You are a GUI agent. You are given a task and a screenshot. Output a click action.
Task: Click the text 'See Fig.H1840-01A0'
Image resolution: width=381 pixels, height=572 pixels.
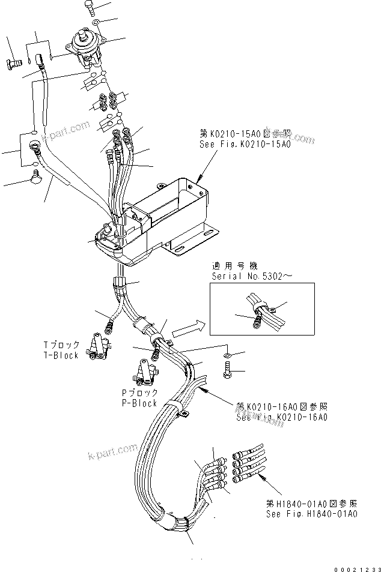coord(312,514)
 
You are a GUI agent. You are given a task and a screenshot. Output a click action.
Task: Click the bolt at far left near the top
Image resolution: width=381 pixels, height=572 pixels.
coord(13,63)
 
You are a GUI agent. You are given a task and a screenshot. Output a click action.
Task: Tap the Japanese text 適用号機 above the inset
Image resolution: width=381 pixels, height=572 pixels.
coord(230,265)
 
